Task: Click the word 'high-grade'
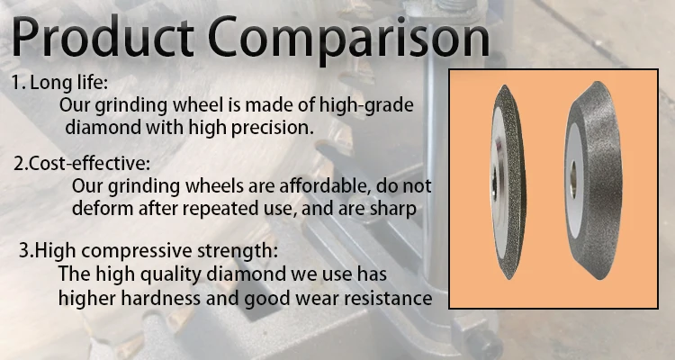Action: click(x=372, y=105)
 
